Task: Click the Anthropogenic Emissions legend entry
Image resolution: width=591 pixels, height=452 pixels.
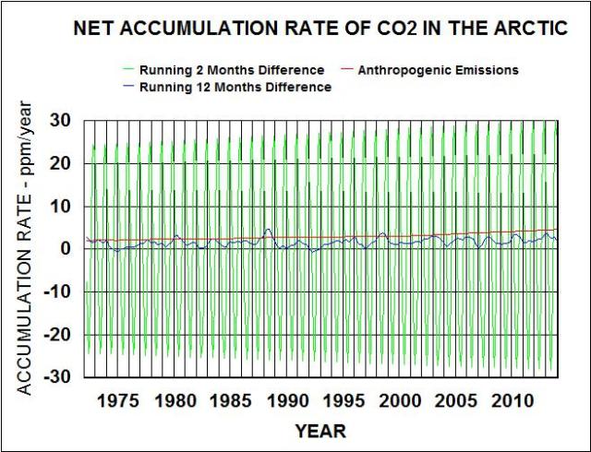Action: [438, 70]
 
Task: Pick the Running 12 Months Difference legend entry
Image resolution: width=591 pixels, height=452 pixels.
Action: [235, 87]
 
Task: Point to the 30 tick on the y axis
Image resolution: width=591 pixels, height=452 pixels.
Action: [62, 120]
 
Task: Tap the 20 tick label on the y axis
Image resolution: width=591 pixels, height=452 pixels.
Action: [62, 163]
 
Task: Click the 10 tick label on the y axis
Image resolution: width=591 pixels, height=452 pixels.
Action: [62, 206]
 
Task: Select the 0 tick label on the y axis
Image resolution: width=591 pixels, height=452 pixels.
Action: [67, 249]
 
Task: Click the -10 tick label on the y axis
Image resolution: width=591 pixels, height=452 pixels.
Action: [58, 292]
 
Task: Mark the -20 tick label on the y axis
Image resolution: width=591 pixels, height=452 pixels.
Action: [58, 335]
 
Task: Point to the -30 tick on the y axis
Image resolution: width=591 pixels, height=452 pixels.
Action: [58, 378]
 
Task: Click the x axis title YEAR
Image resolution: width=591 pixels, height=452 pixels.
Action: [320, 431]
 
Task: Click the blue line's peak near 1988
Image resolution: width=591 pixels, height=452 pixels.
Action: [268, 229]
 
